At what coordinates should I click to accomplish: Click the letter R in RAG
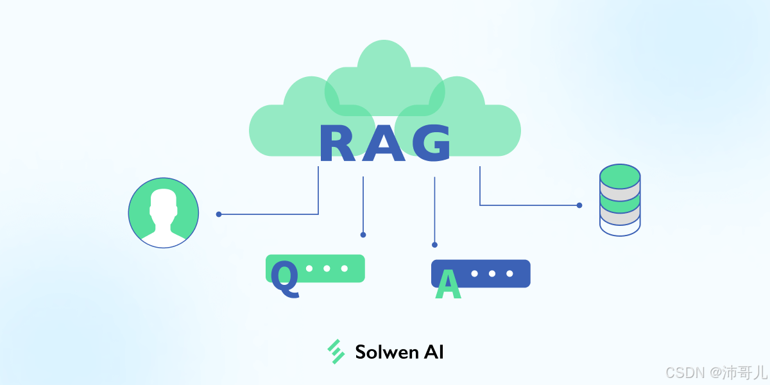pyautogui.click(x=336, y=144)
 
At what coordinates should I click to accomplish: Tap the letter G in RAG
pyautogui.click(x=431, y=144)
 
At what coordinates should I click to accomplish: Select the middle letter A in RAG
pyautogui.click(x=384, y=144)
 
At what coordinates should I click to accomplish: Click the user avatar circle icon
pyautogui.click(x=164, y=213)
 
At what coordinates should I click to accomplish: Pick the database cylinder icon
pyautogui.click(x=620, y=200)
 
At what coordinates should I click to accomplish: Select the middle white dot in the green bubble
pyautogui.click(x=327, y=268)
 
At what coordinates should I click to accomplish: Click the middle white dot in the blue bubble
pyautogui.click(x=492, y=273)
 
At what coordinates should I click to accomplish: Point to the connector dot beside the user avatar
pyautogui.click(x=219, y=214)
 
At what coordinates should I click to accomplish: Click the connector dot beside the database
pyautogui.click(x=579, y=205)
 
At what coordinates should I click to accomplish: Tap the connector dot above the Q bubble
pyautogui.click(x=363, y=235)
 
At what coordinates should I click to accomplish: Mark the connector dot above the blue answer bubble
pyautogui.click(x=434, y=244)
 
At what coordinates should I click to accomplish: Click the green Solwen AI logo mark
pyautogui.click(x=336, y=352)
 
